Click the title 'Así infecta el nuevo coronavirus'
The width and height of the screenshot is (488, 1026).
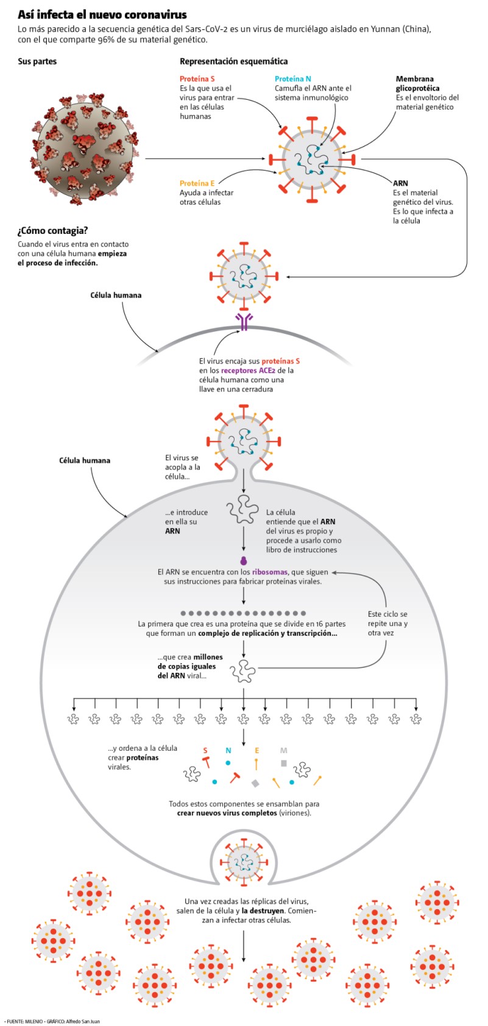(x=102, y=15)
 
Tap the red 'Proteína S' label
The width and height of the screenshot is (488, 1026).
(x=197, y=79)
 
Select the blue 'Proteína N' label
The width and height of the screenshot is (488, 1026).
(x=293, y=79)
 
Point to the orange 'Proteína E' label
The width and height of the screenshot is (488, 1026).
(x=197, y=183)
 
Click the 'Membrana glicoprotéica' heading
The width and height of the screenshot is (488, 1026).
(x=417, y=83)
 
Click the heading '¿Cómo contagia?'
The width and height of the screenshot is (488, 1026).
(x=52, y=230)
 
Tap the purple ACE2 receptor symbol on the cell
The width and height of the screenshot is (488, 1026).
(x=244, y=322)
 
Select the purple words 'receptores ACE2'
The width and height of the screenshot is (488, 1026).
(x=248, y=371)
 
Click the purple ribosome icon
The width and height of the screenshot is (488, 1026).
(x=243, y=561)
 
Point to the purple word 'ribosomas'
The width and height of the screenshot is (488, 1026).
(x=270, y=572)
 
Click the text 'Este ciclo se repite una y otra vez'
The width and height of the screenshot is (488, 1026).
(x=387, y=624)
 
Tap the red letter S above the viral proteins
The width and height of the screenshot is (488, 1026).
(x=205, y=750)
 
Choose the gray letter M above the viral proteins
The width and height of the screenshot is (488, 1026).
(x=284, y=750)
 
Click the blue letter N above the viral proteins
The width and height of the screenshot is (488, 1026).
(x=228, y=750)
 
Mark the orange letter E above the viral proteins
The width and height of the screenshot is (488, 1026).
(x=256, y=750)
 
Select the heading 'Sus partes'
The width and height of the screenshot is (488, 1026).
(x=37, y=61)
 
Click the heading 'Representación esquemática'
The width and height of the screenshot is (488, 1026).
(x=234, y=61)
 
